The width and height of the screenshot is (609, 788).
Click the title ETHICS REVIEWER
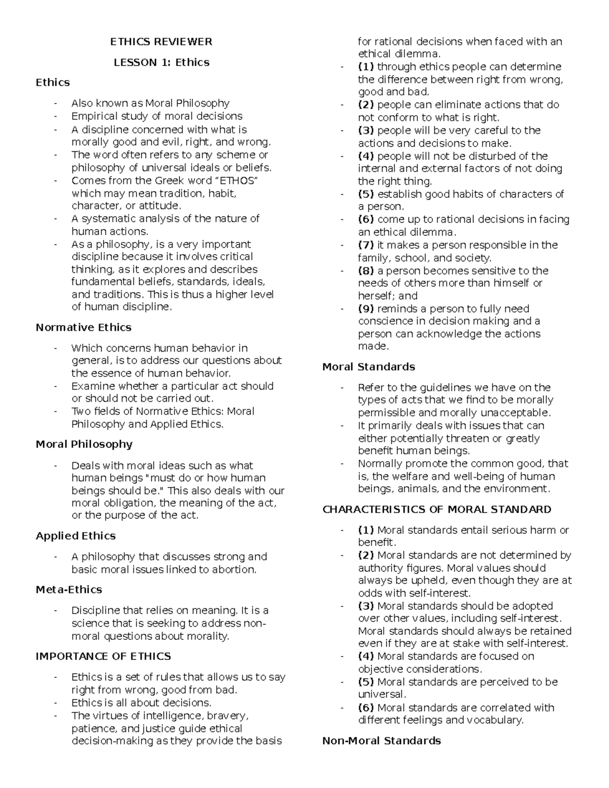(x=161, y=42)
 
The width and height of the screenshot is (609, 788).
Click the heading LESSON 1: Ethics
(x=161, y=62)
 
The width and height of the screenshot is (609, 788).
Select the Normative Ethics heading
(x=83, y=327)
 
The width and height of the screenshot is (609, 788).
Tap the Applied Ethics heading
(x=76, y=536)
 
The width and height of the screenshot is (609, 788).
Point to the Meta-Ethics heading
(x=69, y=590)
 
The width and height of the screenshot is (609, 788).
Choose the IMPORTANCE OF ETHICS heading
(x=103, y=656)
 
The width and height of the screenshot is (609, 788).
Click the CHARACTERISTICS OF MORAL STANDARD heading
(x=436, y=509)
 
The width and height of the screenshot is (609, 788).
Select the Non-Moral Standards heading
(x=382, y=740)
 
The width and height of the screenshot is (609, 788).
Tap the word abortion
(x=234, y=569)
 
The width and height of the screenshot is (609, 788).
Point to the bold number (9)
(x=366, y=309)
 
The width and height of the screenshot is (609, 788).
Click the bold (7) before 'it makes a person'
(x=366, y=245)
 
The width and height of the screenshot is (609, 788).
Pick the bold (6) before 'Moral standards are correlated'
(x=366, y=707)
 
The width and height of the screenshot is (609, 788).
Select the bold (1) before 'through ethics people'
(x=366, y=66)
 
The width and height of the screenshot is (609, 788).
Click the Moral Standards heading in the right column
(x=368, y=366)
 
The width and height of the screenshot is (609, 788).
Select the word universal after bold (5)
(x=381, y=694)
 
